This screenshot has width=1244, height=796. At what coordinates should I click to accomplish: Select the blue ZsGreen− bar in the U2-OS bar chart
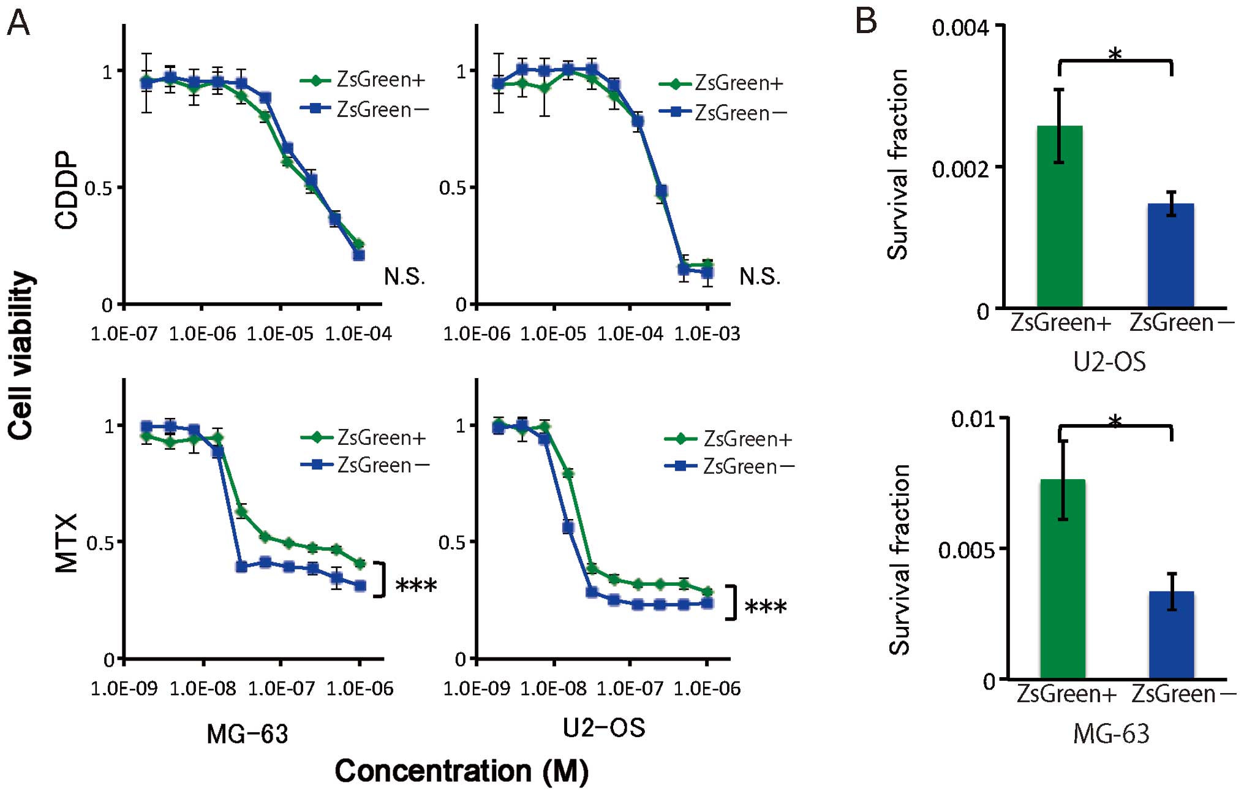pyautogui.click(x=1170, y=255)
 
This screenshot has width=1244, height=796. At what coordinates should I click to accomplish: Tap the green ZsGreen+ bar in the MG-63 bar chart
pyautogui.click(x=1063, y=578)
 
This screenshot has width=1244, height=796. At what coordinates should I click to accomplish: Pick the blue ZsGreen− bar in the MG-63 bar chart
pyautogui.click(x=1171, y=634)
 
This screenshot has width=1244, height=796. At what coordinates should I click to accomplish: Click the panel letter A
pyautogui.click(x=18, y=25)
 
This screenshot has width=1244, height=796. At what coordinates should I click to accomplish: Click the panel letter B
pyautogui.click(x=865, y=21)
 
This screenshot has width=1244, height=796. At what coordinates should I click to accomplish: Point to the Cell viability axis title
pyautogui.click(x=21, y=355)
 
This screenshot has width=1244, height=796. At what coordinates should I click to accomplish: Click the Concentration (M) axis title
pyautogui.click(x=461, y=771)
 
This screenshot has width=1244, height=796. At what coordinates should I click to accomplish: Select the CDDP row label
pyautogui.click(x=67, y=190)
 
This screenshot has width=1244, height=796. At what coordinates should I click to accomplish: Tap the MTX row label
pyautogui.click(x=67, y=543)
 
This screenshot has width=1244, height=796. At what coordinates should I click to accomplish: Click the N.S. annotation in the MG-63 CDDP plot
pyautogui.click(x=404, y=277)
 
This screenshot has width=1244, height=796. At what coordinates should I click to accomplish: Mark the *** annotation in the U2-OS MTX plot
pyautogui.click(x=765, y=607)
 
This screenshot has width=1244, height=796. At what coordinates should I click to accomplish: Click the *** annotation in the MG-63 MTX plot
pyautogui.click(x=416, y=586)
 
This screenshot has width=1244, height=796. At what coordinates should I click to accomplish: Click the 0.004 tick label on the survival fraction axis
pyautogui.click(x=960, y=28)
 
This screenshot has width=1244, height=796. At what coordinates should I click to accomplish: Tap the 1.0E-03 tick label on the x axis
pyautogui.click(x=707, y=334)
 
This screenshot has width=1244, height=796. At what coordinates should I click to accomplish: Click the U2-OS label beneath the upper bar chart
pyautogui.click(x=1109, y=362)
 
